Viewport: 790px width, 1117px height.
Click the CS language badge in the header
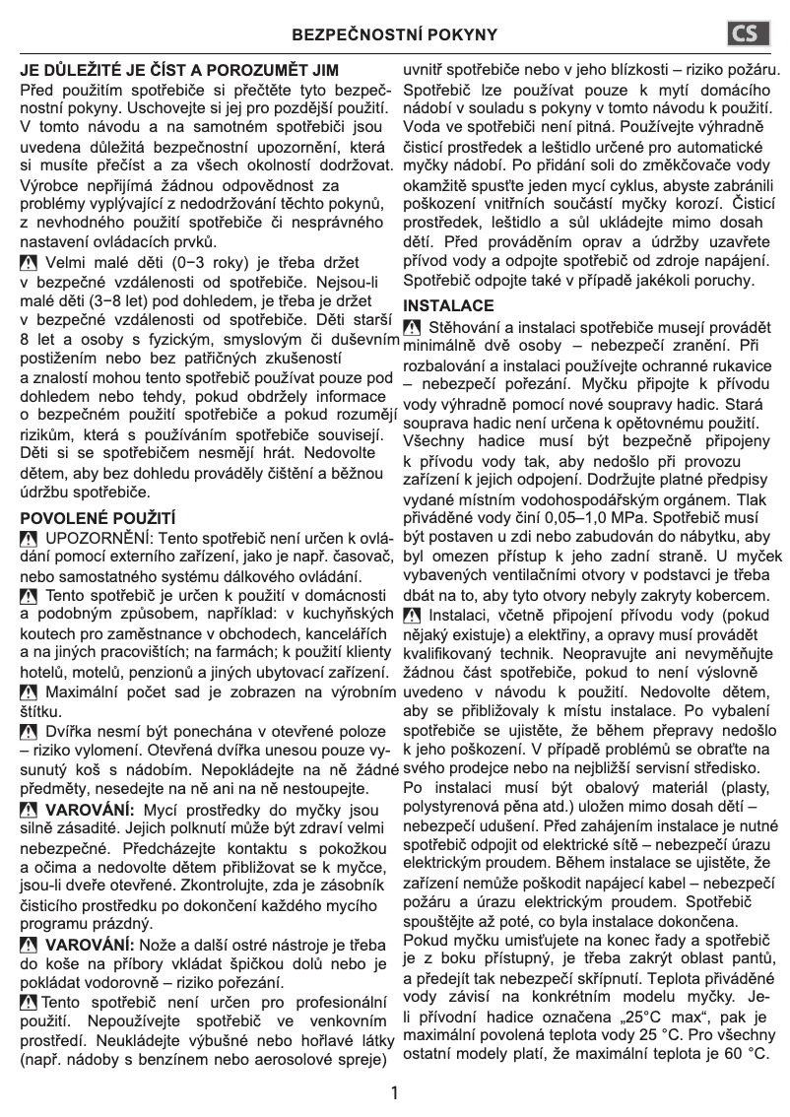(x=747, y=34)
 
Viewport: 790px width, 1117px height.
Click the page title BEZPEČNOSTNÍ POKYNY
(x=395, y=35)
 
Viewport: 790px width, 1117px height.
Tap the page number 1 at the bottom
(x=395, y=1092)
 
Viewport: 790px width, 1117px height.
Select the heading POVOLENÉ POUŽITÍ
(x=98, y=516)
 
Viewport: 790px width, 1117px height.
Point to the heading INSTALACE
(x=448, y=305)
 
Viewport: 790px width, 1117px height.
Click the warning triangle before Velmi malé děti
(x=30, y=263)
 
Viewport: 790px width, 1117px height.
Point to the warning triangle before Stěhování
(x=413, y=327)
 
